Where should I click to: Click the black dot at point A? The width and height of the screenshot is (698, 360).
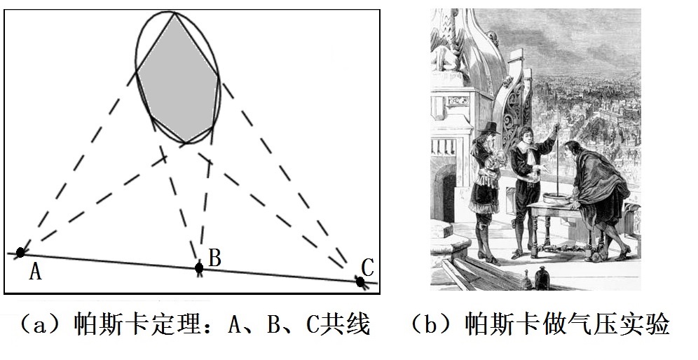pos(20,252)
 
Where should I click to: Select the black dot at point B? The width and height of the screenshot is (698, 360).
pos(199,268)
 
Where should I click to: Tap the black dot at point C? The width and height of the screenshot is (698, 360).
pos(360,282)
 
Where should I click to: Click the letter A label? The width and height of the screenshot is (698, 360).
pos(36,271)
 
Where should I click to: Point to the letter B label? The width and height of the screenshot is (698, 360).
pos(214,258)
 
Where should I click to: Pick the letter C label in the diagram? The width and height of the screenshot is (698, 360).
pos(367,268)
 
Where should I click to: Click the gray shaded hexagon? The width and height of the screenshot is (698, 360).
pos(178,80)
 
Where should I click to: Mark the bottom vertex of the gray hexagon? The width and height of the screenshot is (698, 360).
pos(186,143)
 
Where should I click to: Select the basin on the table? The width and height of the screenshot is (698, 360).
pos(556,198)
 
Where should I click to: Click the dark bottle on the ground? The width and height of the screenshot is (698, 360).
pos(542,278)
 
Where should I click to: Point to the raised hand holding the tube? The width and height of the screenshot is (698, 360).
pos(555,129)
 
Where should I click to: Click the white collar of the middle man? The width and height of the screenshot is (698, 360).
pos(525,145)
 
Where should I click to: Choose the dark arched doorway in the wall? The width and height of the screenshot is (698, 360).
pos(445,193)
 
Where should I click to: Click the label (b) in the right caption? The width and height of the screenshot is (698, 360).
pos(430,324)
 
